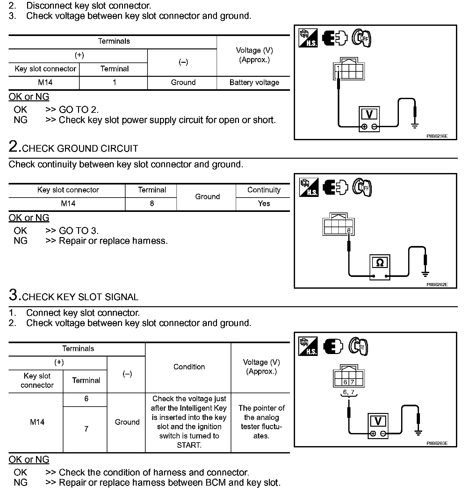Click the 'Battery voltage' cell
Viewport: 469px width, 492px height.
(254, 83)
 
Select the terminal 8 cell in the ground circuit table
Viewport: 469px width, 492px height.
(152, 204)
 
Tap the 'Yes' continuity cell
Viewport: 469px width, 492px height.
(264, 204)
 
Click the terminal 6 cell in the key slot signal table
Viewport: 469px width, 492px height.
(86, 399)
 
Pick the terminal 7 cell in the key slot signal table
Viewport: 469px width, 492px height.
(86, 429)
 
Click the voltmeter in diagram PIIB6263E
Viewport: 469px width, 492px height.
(378, 425)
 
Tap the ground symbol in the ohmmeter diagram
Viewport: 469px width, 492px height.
(425, 274)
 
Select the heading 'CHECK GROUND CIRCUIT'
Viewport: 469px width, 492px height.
(80, 148)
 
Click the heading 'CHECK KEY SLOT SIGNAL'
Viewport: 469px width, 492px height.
(80, 297)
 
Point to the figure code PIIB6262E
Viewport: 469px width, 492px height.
(437, 285)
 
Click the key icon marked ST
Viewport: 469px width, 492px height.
(359, 347)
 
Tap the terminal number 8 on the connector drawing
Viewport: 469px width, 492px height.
(349, 230)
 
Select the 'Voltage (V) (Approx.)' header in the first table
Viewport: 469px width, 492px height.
(254, 55)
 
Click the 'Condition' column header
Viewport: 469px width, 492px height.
(189, 367)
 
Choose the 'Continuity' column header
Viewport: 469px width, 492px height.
(264, 190)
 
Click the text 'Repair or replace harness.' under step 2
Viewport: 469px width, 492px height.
(113, 241)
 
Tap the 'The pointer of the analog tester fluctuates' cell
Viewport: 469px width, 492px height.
(261, 422)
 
